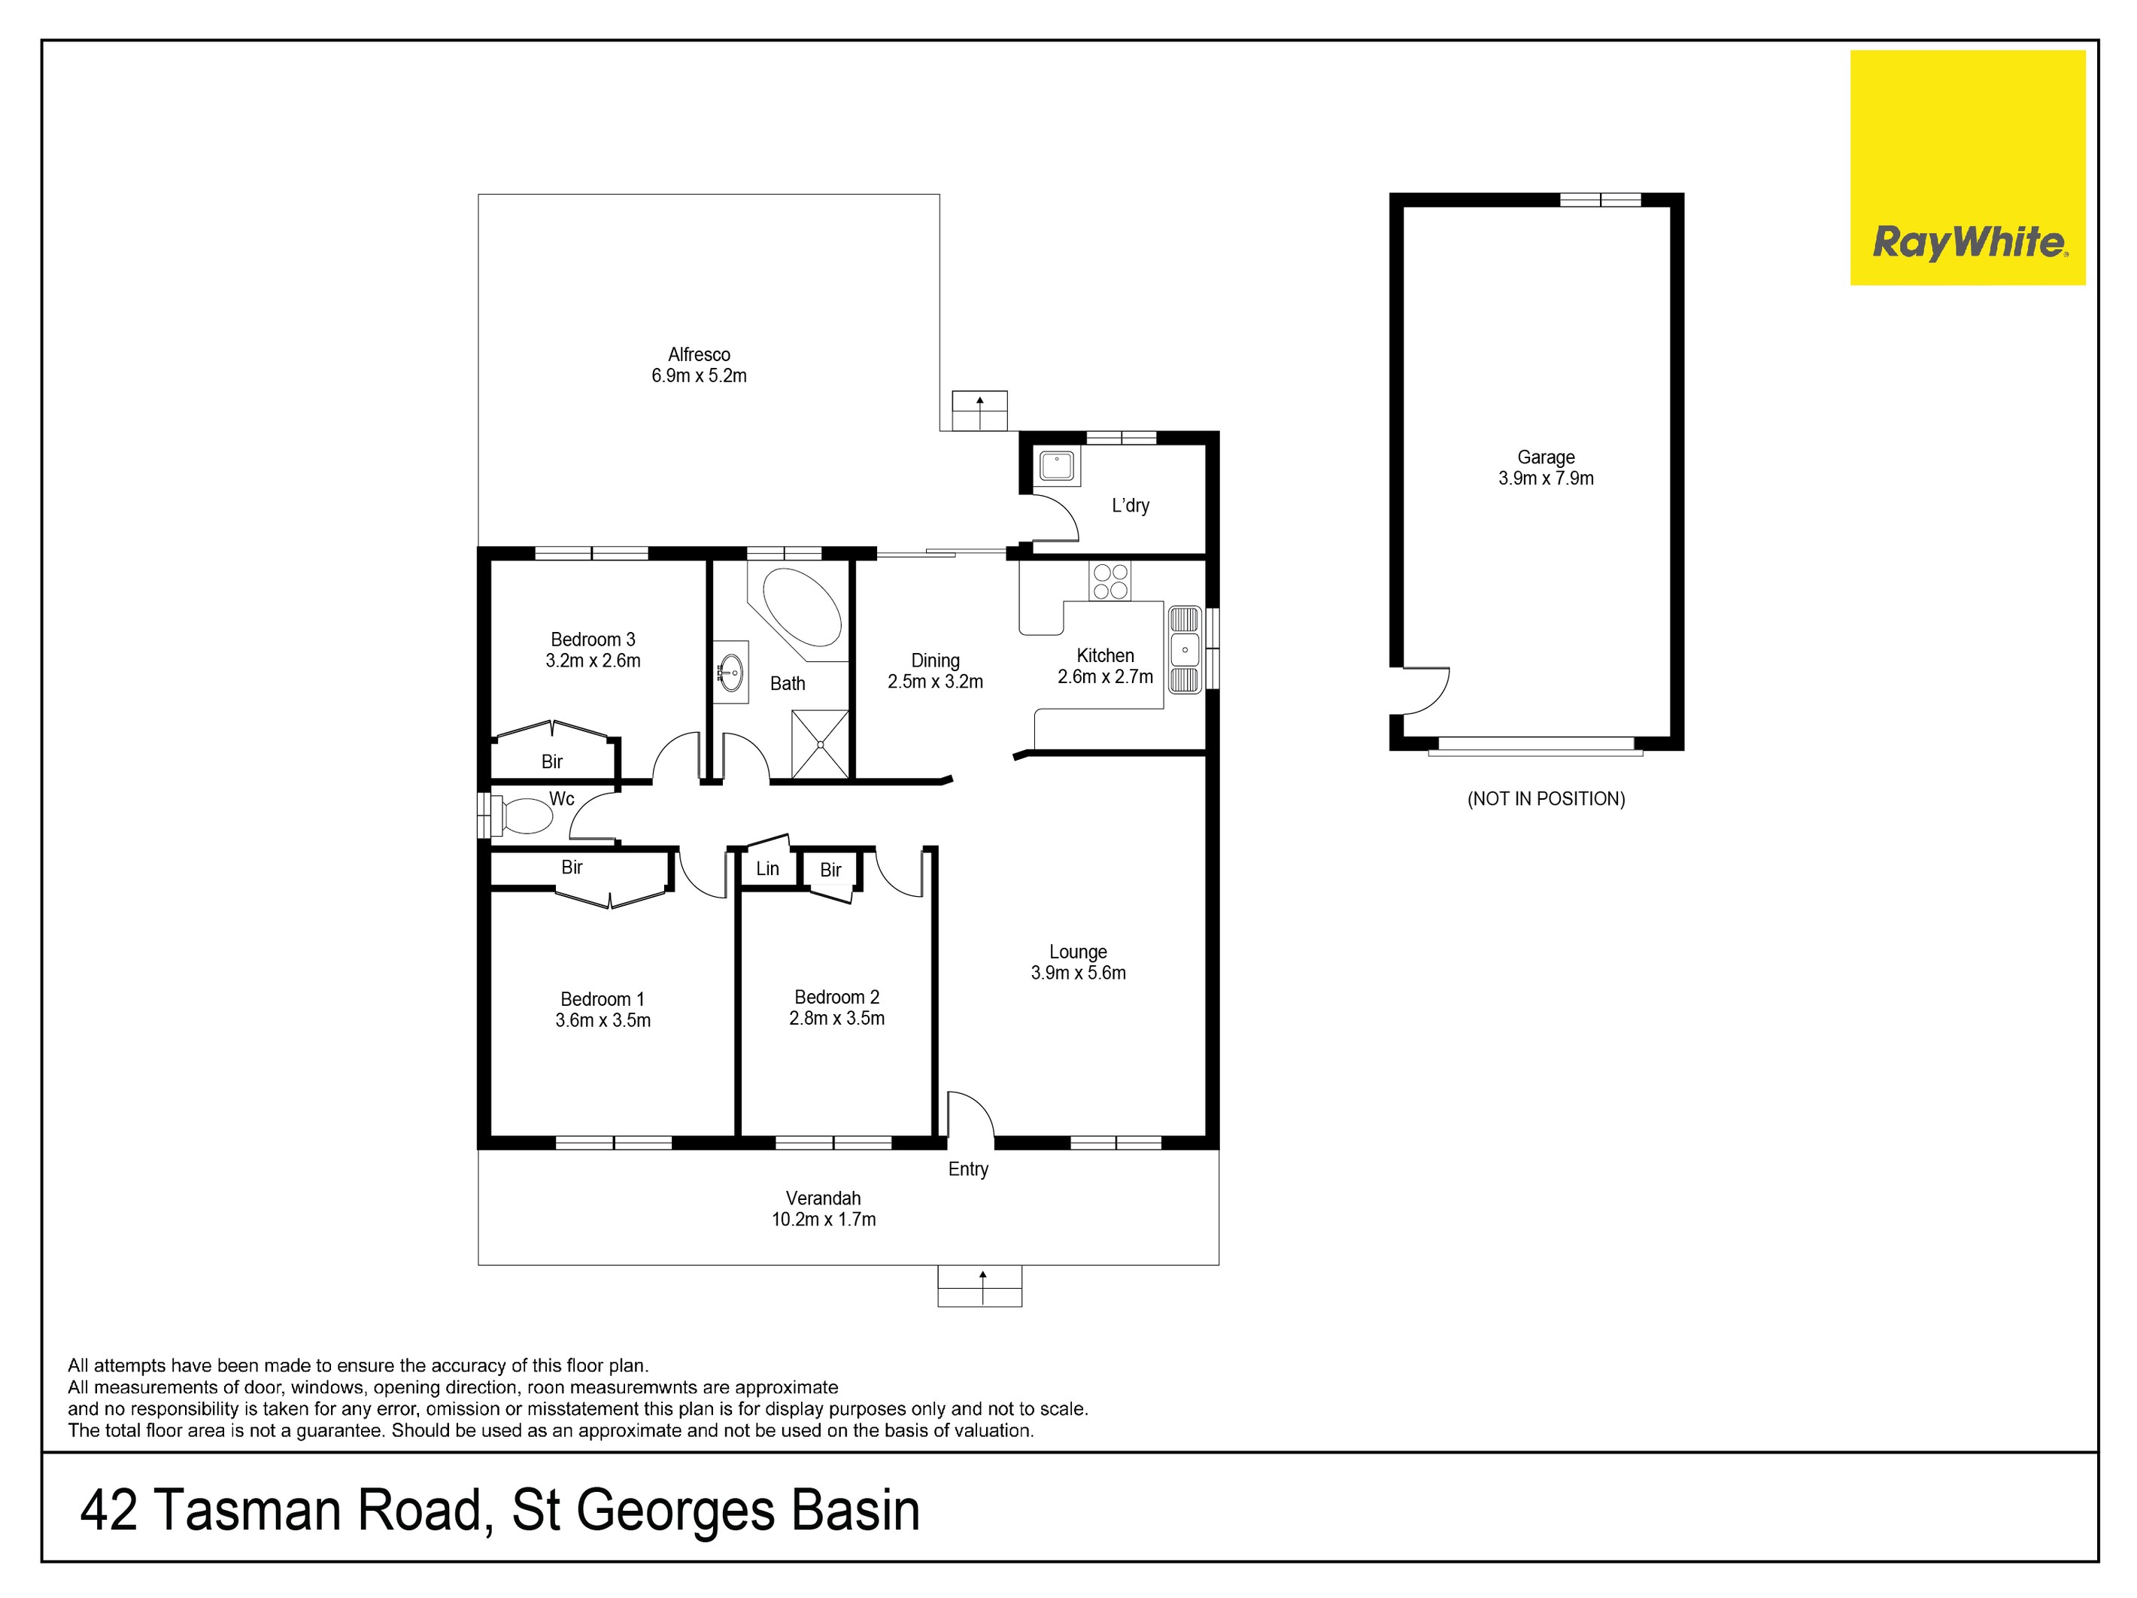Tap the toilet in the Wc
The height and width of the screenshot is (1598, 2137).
(x=524, y=815)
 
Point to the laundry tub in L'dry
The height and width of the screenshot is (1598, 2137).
(x=1056, y=466)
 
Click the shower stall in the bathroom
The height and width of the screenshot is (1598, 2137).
(x=819, y=744)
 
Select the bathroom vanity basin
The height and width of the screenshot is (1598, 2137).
(x=731, y=671)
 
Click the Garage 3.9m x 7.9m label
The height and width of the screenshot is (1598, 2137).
(x=1546, y=468)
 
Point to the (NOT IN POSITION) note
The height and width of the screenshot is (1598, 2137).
(x=1546, y=799)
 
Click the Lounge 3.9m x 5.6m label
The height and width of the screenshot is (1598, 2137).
(x=1078, y=962)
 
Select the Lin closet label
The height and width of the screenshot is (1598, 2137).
(x=767, y=868)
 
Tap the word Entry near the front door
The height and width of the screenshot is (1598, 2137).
(x=968, y=1169)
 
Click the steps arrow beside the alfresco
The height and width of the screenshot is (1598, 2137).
(x=979, y=411)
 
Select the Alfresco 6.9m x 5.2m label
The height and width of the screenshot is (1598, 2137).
(x=699, y=365)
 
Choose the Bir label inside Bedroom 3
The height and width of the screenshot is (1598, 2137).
(x=551, y=761)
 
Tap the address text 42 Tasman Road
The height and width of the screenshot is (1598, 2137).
(x=280, y=1511)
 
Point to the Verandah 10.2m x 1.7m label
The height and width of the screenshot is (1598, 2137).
(x=823, y=1208)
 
